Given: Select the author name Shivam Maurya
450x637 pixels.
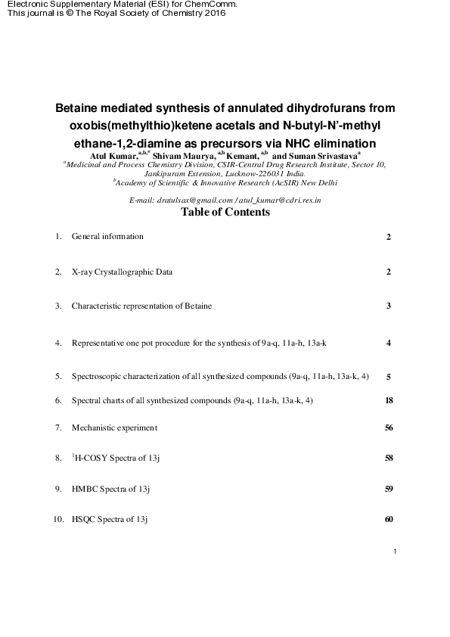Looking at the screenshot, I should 184,154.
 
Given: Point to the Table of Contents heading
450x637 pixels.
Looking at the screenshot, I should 225,213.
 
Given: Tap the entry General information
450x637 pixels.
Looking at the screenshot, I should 107,237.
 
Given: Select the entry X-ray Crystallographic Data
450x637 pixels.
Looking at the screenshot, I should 122,272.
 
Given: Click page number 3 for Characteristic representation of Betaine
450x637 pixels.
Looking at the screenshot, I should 388,306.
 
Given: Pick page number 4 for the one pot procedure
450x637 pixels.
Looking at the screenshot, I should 388,343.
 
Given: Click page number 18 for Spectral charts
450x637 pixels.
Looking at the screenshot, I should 388,400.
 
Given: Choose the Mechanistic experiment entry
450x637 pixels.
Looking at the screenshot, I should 114,428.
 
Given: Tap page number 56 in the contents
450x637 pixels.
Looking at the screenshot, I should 388,428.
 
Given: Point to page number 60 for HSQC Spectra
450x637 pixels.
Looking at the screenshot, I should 388,520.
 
